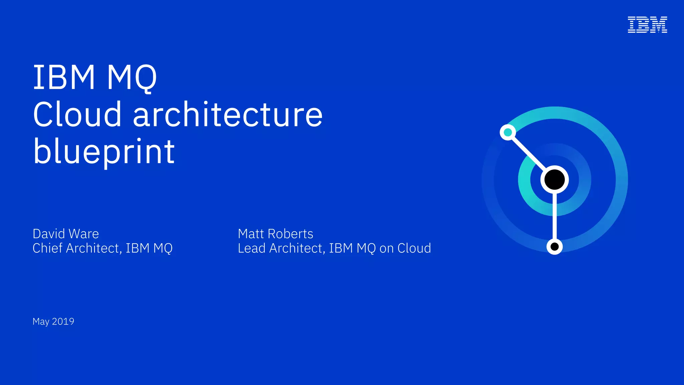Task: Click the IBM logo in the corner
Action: pyautogui.click(x=647, y=25)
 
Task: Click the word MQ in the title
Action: pyautogui.click(x=132, y=78)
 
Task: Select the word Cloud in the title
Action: pyautogui.click(x=77, y=114)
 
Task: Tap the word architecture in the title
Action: pyautogui.click(x=228, y=114)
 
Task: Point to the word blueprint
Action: pyautogui.click(x=104, y=152)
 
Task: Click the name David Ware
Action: pyautogui.click(x=66, y=234)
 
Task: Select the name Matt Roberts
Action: pyautogui.click(x=276, y=234)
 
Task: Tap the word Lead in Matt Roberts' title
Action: pyautogui.click(x=251, y=248)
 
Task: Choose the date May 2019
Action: pyautogui.click(x=53, y=322)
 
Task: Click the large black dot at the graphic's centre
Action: pyautogui.click(x=554, y=179)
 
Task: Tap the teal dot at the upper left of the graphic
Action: pyautogui.click(x=508, y=132)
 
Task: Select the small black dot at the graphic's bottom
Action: pyautogui.click(x=554, y=247)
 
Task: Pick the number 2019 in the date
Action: pyautogui.click(x=63, y=322)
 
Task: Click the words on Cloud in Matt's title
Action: pyautogui.click(x=405, y=248)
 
